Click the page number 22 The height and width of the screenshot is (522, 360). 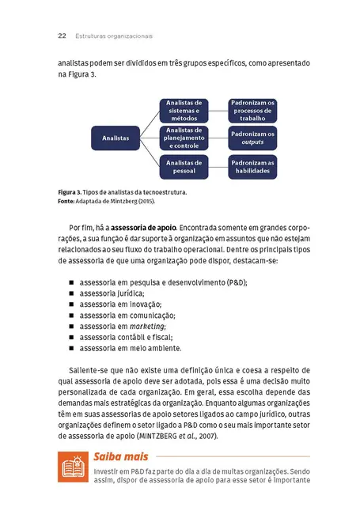click(62, 36)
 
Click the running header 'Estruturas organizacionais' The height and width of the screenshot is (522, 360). click(114, 36)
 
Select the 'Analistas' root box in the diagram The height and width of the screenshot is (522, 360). click(115, 138)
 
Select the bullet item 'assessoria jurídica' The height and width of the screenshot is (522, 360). click(112, 293)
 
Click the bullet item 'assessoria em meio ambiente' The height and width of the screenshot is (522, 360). click(130, 348)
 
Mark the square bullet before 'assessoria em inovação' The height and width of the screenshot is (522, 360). click(71, 304)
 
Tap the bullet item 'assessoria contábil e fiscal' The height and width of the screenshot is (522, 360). click(126, 337)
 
